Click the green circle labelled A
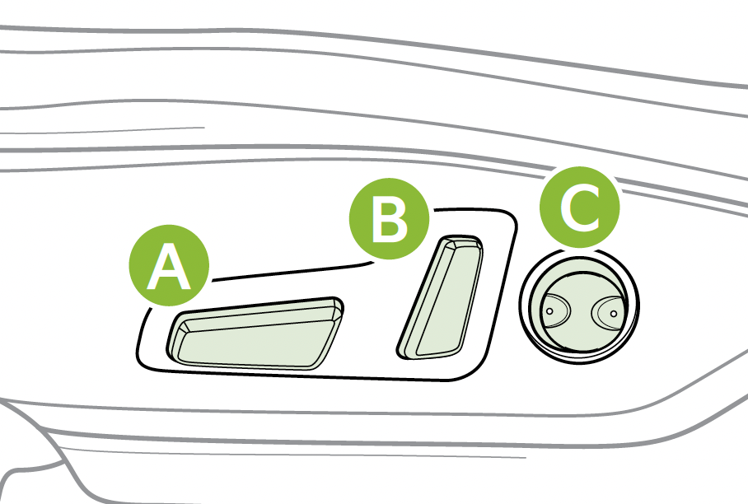pyautogui.click(x=170, y=266)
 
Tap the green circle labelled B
pyautogui.click(x=390, y=219)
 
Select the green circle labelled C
pyautogui.click(x=580, y=207)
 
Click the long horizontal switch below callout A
pyautogui.click(x=255, y=334)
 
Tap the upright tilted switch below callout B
pyautogui.click(x=440, y=297)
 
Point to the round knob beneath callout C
pyautogui.click(x=579, y=306)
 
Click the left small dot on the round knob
pyautogui.click(x=549, y=311)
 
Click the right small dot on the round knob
pyautogui.click(x=614, y=313)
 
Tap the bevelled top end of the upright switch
pyautogui.click(x=460, y=242)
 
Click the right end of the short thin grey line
pyautogui.click(x=204, y=128)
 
